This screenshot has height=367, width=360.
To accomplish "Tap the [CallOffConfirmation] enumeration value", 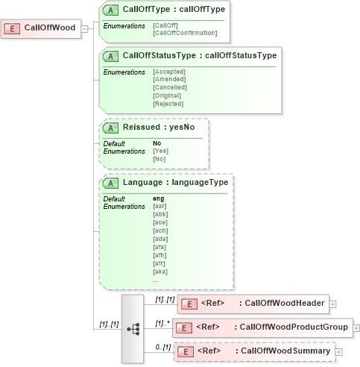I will (x=185, y=33).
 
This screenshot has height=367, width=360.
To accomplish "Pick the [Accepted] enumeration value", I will (x=168, y=72).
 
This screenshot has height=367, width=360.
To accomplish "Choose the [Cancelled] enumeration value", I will (x=169, y=87).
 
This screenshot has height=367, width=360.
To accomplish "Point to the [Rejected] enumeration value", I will (x=168, y=104).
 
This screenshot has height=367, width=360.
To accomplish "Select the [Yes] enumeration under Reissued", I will (x=160, y=151).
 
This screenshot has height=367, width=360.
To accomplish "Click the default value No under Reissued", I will (x=157, y=143).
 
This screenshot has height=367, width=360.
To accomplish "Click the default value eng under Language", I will (x=159, y=198).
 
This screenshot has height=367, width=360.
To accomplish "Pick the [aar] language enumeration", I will (x=160, y=206).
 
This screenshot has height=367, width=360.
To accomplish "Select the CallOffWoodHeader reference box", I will (x=253, y=303).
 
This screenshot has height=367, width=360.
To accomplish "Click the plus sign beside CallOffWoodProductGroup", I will (x=356, y=327).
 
